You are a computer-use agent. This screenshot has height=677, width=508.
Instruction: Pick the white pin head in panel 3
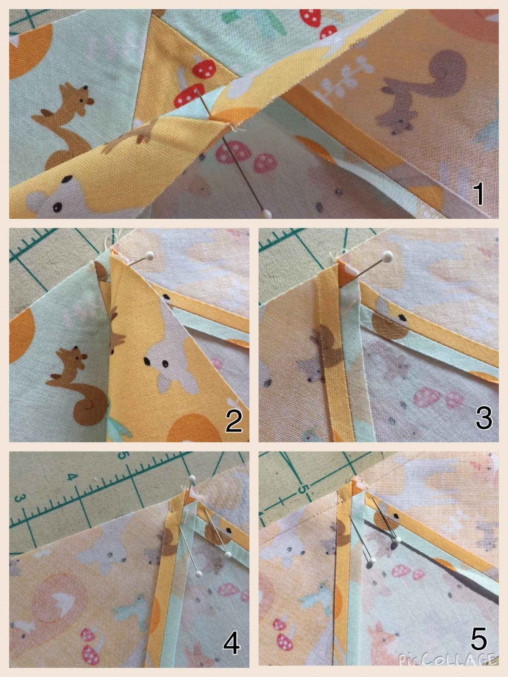pos(387,256)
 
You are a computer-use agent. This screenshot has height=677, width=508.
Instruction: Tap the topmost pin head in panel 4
pos(193,479)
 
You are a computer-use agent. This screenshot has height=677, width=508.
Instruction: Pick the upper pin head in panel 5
pos(398,540)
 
